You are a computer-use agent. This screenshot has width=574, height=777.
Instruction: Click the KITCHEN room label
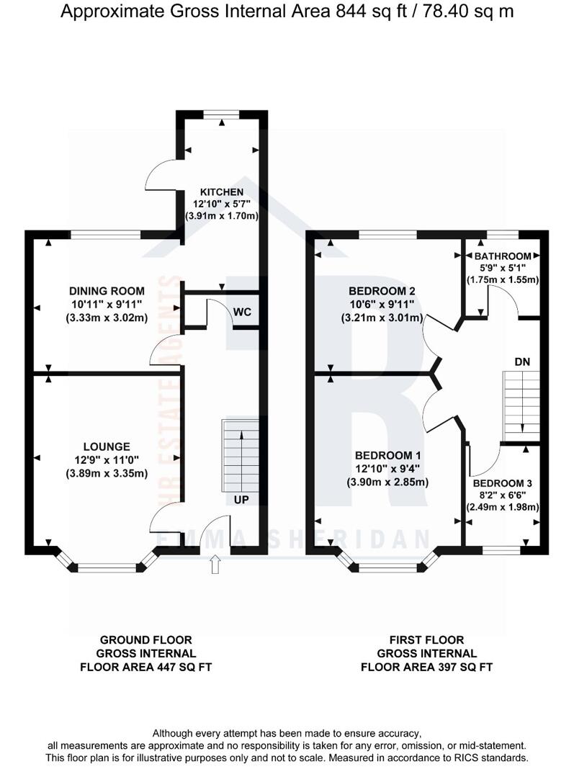click(x=222, y=192)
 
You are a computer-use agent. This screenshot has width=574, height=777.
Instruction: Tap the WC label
click(x=241, y=312)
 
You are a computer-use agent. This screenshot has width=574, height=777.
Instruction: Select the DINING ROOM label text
click(x=107, y=291)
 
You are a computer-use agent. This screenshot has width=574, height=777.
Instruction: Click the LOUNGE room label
click(x=106, y=446)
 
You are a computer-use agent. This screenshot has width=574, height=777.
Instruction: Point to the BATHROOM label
click(x=503, y=256)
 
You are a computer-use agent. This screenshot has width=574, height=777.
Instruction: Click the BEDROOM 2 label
click(x=382, y=291)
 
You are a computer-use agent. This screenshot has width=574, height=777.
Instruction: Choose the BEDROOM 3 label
click(x=503, y=482)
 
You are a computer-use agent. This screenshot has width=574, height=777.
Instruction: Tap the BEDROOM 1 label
click(x=387, y=456)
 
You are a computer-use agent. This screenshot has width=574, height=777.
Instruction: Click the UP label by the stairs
click(x=241, y=498)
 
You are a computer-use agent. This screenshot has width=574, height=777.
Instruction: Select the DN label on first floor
click(x=523, y=361)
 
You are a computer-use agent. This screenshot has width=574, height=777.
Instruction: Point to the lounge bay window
click(x=107, y=568)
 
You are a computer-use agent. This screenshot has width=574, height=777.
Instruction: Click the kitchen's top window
click(x=221, y=113)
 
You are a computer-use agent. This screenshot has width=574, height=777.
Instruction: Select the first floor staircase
click(x=521, y=406)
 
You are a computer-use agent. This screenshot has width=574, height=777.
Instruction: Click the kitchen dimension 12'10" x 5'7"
click(x=222, y=204)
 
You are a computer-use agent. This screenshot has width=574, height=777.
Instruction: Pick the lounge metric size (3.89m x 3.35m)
click(x=106, y=473)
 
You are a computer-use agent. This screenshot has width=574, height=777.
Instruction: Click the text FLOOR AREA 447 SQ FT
click(x=147, y=667)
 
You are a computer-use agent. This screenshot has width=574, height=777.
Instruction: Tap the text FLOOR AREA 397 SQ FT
click(x=426, y=667)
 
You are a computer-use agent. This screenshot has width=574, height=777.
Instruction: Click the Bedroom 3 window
click(x=501, y=551)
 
